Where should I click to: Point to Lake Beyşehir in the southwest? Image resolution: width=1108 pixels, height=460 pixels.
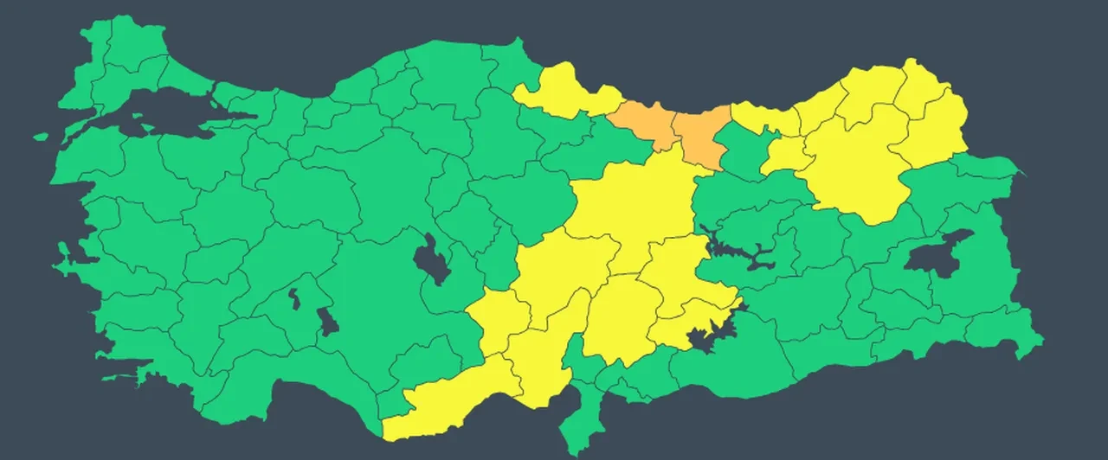pyautogui.click(x=327, y=322)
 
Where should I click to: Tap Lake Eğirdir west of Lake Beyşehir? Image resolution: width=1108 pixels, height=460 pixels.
pyautogui.click(x=294, y=299)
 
